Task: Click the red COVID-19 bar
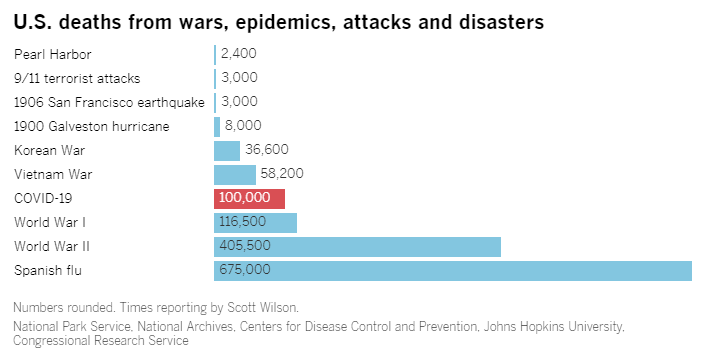249,199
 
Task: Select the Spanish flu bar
453,271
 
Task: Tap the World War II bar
357,247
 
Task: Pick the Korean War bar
227,151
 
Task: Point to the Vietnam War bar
234,175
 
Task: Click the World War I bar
255,223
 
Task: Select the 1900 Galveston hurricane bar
217,127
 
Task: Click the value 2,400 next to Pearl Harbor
239,54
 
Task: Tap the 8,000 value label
243,125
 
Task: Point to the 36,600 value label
267,149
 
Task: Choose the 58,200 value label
282,174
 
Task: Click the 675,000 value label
245,269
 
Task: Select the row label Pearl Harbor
53,55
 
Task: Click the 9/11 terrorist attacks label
77,79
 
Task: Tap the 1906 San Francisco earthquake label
109,103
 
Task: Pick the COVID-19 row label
43,199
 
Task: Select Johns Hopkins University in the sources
554,327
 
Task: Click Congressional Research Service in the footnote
101,341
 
